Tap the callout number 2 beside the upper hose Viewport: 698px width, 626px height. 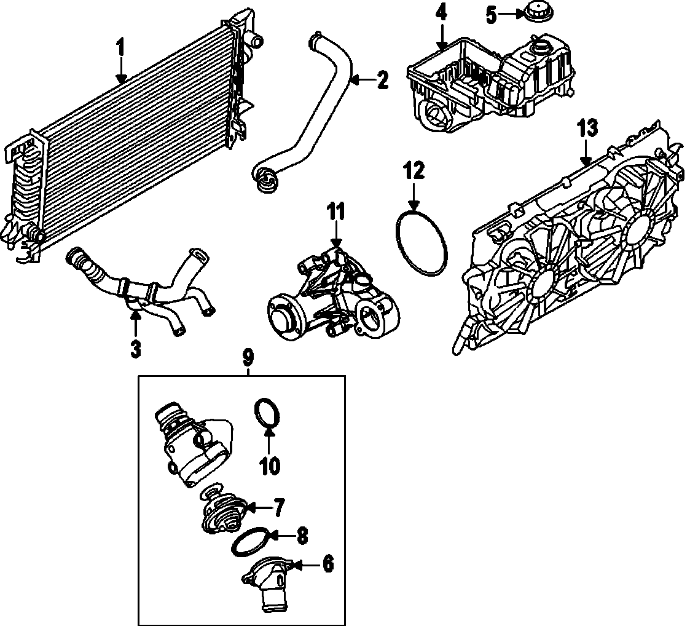point(382,80)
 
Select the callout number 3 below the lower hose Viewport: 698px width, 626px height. point(136,349)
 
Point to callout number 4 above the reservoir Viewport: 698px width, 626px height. point(441,13)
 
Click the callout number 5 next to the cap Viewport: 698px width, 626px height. point(490,15)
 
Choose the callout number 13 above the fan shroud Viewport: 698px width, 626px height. point(587,130)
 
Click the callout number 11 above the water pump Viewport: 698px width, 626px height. point(335,213)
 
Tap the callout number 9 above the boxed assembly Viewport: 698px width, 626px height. point(248,357)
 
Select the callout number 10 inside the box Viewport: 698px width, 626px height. point(269,466)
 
